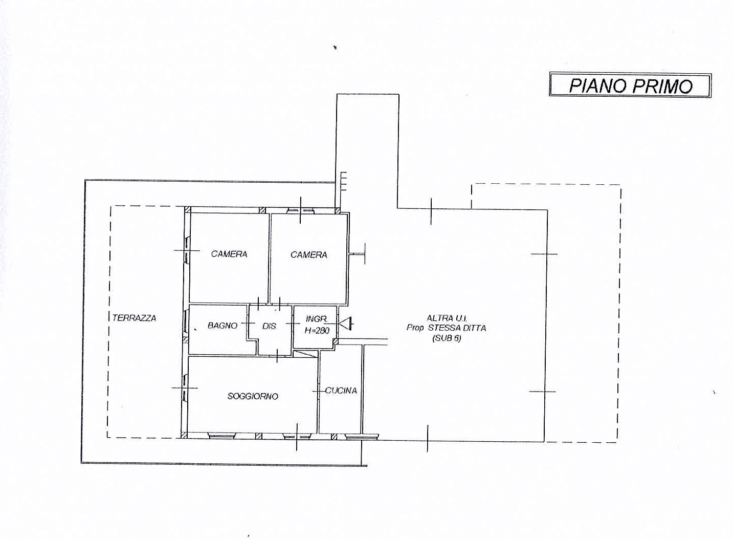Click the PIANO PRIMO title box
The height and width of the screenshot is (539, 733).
tap(630, 85)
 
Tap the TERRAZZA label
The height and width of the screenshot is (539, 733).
tap(135, 318)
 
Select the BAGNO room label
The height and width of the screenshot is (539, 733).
tap(223, 326)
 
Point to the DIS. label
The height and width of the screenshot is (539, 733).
tap(269, 326)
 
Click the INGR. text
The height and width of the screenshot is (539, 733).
tap(317, 318)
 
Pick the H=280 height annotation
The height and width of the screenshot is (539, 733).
tap(317, 330)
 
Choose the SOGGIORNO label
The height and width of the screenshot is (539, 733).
tap(253, 396)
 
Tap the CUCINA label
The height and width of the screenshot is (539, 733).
tap(341, 391)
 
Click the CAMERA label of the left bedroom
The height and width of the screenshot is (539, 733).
tap(229, 254)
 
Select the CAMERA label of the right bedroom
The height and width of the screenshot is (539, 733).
tap(308, 254)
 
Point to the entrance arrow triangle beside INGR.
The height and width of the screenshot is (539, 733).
tap(346, 324)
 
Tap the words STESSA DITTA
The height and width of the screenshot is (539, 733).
tap(457, 328)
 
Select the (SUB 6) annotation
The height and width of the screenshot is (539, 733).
tap(447, 338)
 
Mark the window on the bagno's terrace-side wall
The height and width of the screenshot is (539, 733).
tap(186, 321)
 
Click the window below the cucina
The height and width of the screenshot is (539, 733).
tap(362, 436)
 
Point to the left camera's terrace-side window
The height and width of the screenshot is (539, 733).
tap(187, 250)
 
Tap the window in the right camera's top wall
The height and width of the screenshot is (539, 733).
tap(301, 210)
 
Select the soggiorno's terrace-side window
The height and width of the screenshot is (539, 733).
tap(185, 387)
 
